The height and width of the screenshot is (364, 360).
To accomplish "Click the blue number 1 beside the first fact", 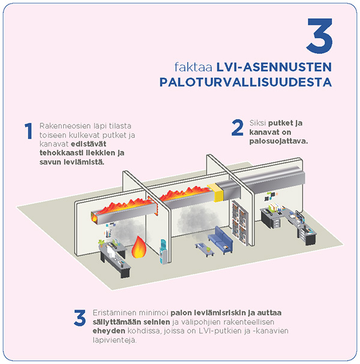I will coord(28,132).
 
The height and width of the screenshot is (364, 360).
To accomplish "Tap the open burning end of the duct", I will coord(93,217).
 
